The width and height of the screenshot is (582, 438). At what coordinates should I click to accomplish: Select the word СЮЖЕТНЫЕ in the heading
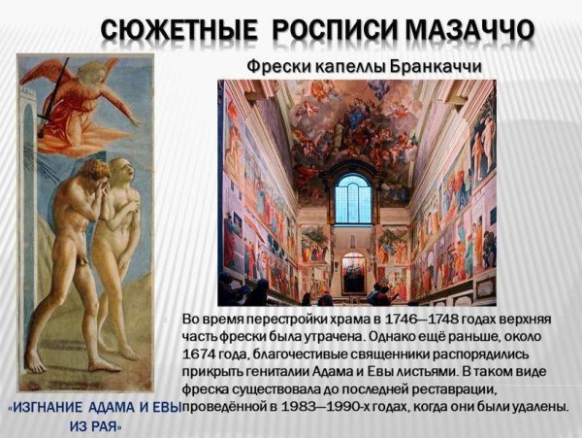[178, 29]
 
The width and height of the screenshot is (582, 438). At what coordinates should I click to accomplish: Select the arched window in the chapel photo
[353, 200]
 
